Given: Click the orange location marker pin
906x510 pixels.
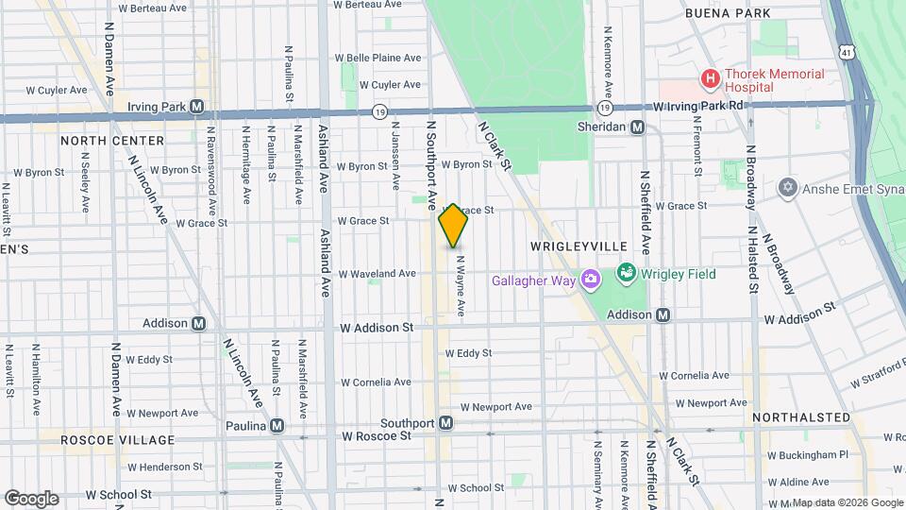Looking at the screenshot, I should point(453,226).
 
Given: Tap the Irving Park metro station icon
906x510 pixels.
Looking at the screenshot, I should point(197,107).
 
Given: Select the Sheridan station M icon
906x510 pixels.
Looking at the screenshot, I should point(638,127).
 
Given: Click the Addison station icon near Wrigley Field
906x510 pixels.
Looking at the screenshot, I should point(663,314).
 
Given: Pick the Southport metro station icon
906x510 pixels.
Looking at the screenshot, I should point(445,422).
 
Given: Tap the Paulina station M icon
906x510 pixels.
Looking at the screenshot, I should point(277,426).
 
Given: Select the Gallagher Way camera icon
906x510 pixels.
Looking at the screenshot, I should point(591,280).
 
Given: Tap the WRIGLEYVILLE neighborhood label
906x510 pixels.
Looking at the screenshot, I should point(577,246).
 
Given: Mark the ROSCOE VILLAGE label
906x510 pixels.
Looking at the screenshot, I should point(117,440).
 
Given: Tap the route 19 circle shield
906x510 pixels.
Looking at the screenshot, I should point(378,110).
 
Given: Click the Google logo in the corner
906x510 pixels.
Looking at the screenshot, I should point(31,498).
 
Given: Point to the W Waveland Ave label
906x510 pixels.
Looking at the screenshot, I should point(377,274).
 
